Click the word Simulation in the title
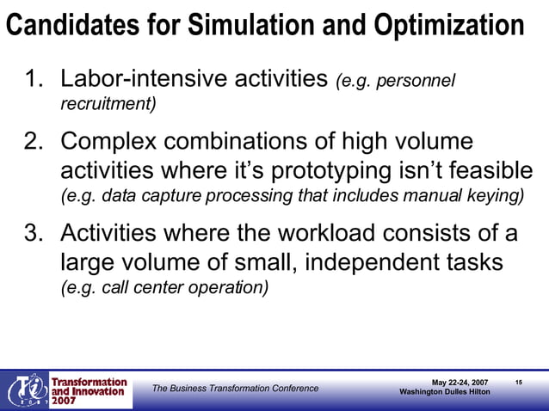(256, 26)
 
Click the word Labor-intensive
(150, 81)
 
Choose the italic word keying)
(499, 195)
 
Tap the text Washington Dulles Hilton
(445, 392)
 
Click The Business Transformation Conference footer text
(235, 389)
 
